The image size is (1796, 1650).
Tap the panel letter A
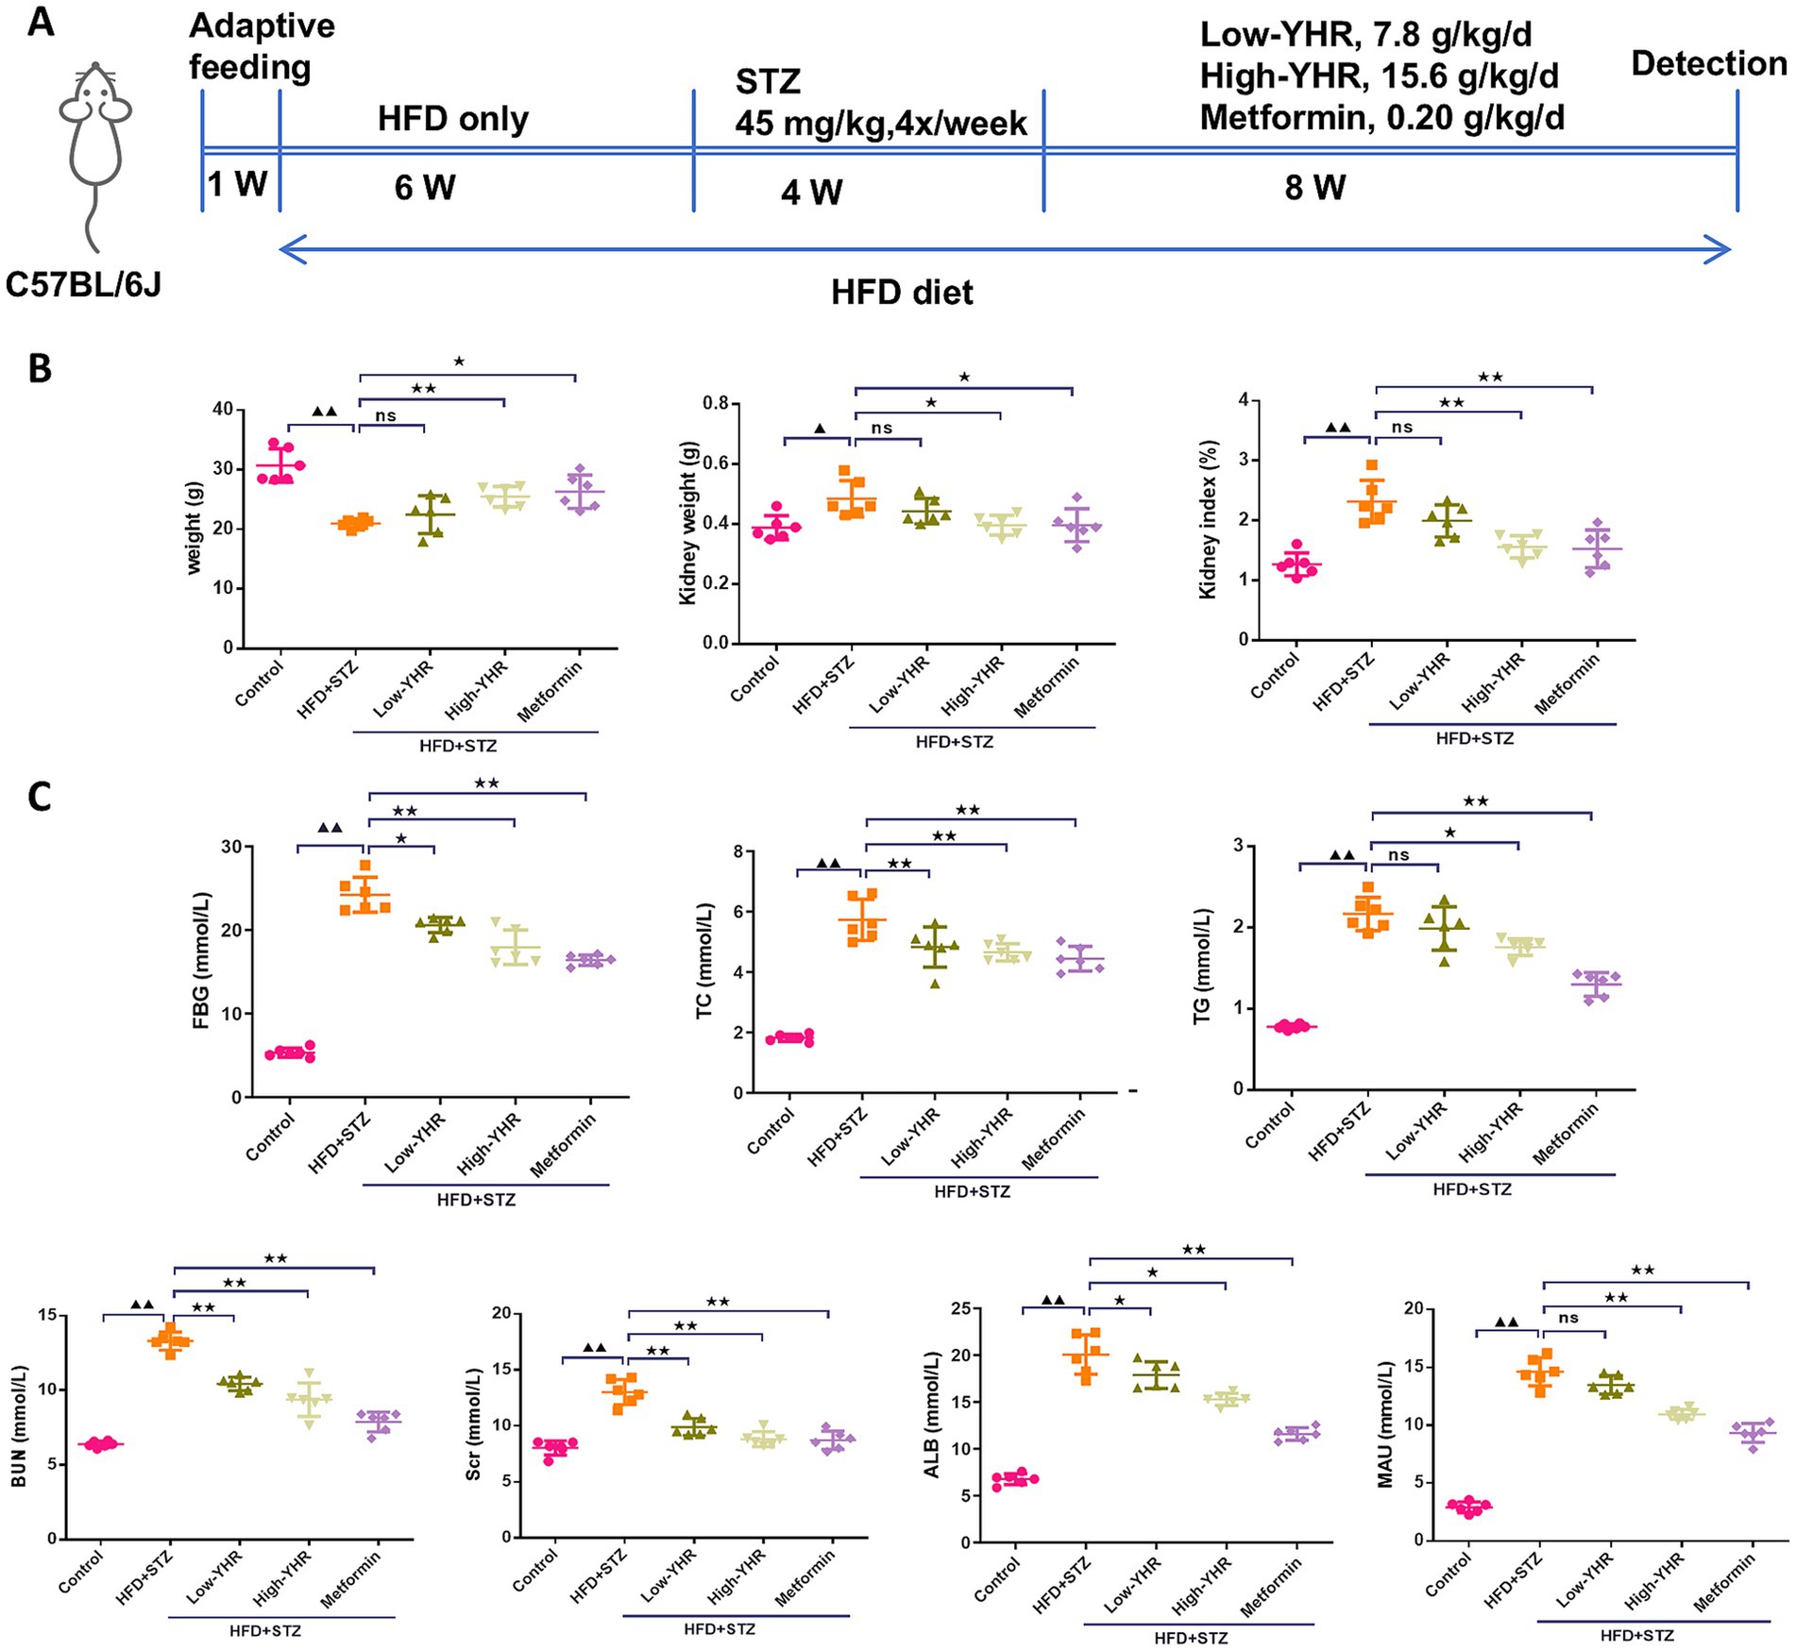pos(41,21)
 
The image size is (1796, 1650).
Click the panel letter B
pos(40,368)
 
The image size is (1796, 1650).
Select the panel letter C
pos(40,798)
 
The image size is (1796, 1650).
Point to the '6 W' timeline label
pos(425,188)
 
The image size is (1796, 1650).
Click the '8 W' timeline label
pos(1315,188)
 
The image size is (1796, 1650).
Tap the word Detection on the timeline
pos(1708,64)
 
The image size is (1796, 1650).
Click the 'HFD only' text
pos(453,120)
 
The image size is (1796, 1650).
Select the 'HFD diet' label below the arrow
pos(902,293)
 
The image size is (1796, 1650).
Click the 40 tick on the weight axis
pos(222,410)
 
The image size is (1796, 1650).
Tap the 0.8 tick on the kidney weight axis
pos(716,404)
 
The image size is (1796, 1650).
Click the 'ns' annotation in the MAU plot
pos(1568,1318)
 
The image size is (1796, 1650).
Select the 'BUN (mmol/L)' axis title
pos(18,1426)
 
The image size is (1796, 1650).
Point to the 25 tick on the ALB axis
pos(960,1309)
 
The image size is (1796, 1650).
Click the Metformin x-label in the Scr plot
pos(805,1580)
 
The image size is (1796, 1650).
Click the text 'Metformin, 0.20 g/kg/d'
pos(1381,118)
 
